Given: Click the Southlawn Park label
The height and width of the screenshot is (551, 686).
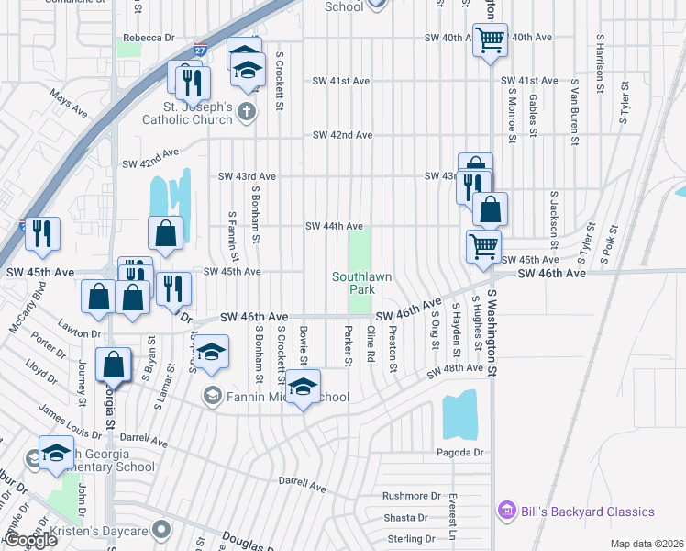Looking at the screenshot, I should (354, 282).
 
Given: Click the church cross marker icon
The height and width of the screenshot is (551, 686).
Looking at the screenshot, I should (245, 111).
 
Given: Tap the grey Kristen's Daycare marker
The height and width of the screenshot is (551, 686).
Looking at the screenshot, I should (162, 530).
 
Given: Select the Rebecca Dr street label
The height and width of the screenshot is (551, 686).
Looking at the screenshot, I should (149, 38).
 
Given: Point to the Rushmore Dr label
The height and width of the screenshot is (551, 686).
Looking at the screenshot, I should (412, 496).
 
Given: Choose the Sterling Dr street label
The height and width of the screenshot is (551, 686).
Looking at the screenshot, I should (410, 539).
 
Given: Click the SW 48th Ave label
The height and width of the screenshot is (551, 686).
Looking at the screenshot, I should (454, 369).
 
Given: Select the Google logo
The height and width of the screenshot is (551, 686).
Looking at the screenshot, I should (29, 540).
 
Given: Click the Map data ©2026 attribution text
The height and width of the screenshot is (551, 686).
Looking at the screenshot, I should (647, 544).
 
